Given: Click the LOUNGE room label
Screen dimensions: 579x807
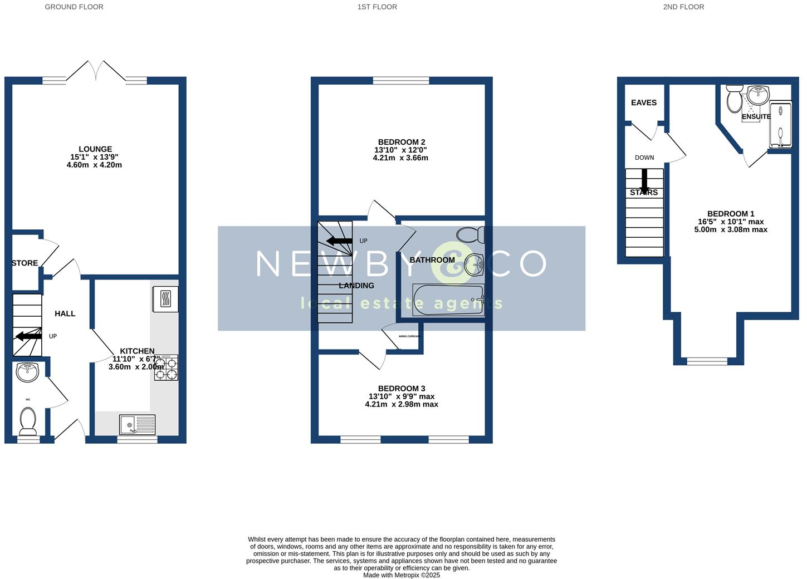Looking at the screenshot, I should tap(95, 149).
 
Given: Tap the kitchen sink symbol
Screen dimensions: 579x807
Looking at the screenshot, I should tap(137, 425).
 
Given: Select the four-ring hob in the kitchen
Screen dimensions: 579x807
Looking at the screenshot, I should tap(166, 367).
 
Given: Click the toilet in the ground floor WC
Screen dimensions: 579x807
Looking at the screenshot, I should tap(28, 421).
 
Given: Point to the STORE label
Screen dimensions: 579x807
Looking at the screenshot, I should tap(25, 263).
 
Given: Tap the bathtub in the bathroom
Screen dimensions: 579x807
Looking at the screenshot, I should tap(448, 300).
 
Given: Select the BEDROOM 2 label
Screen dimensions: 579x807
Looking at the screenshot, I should tap(401, 142).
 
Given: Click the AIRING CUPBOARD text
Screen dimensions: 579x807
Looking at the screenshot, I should tap(408, 336).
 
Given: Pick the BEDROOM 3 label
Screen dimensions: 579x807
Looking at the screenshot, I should tap(401, 389).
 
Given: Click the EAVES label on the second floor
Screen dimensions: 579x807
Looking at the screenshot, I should tap(644, 102).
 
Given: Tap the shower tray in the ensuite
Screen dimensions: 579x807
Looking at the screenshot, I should tap(780, 125).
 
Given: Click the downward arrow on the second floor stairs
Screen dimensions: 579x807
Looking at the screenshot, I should tap(644, 181).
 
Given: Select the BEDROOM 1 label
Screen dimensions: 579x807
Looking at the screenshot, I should tap(731, 214).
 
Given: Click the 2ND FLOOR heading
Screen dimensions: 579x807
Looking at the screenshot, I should tap(683, 7).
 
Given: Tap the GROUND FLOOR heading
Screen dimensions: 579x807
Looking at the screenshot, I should tap(74, 7).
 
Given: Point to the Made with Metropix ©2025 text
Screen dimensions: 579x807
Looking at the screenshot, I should tap(402, 575).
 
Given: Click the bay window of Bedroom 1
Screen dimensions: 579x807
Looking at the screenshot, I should tap(707, 361).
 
